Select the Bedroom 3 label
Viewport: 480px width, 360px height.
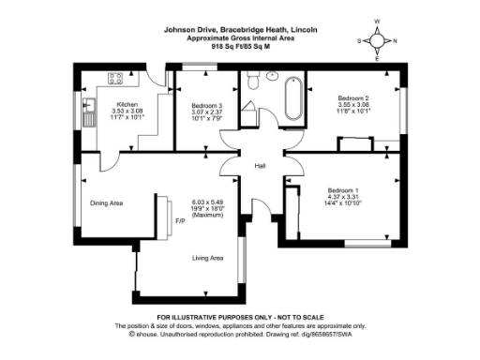pyautogui.click(x=207, y=104)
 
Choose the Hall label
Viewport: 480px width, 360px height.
pyautogui.click(x=261, y=168)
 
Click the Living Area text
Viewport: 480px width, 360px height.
pyautogui.click(x=207, y=258)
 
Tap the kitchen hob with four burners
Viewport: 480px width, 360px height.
pyautogui.click(x=117, y=79)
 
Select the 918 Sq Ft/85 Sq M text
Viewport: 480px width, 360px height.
pyautogui.click(x=239, y=45)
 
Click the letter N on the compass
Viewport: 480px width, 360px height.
pyautogui.click(x=395, y=40)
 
